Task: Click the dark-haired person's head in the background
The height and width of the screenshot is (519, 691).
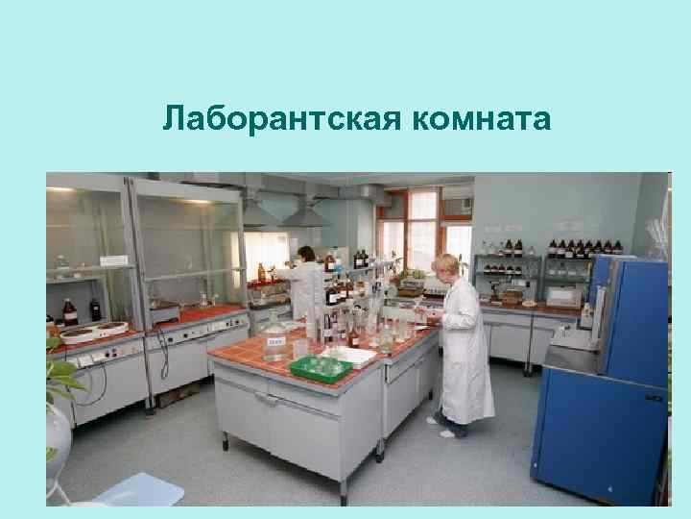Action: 305,253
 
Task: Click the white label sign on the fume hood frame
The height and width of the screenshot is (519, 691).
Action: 114,260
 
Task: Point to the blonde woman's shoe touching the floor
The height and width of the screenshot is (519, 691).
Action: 446,433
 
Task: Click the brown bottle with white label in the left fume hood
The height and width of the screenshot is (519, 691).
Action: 69,311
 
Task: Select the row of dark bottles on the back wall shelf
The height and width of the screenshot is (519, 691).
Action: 585,247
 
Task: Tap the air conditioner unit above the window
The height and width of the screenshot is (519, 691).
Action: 457,204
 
